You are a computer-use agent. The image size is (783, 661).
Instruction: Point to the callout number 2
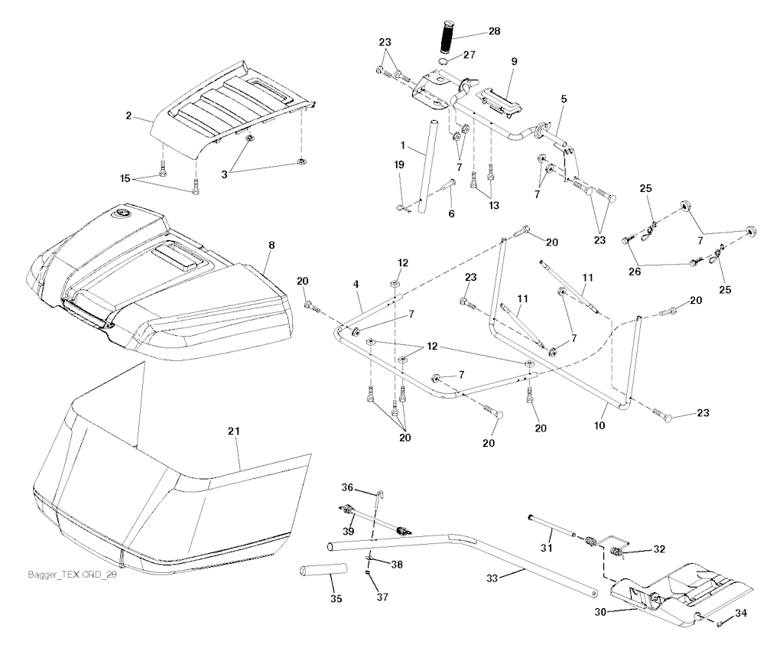(128, 116)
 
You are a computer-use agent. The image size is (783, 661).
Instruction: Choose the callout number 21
(234, 432)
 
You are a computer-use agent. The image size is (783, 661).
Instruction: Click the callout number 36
(347, 489)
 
